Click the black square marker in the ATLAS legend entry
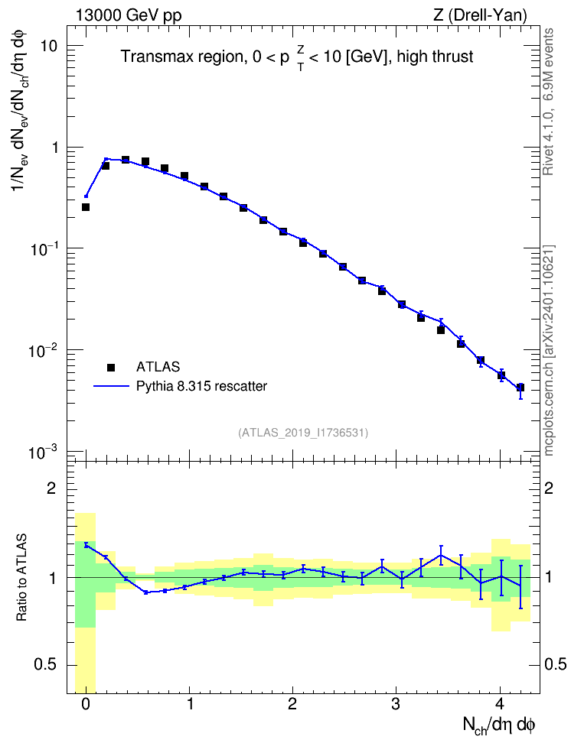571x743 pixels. coord(111,367)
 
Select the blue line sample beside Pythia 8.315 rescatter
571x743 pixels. coord(111,387)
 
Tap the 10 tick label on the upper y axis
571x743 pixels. coord(48,47)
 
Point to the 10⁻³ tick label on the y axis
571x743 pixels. coord(43,452)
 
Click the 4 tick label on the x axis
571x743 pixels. coord(501,704)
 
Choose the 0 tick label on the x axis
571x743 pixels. coord(86,704)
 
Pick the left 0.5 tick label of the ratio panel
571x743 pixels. coord(45,665)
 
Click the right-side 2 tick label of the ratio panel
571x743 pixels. coord(549,488)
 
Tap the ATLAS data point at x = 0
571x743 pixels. coord(86,207)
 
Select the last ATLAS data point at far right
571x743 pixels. coord(520,388)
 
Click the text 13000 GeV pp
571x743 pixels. coord(129,15)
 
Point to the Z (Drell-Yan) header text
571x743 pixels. coord(481,15)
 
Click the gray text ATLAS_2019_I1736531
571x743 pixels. coord(303,432)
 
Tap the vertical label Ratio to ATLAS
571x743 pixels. coord(21,577)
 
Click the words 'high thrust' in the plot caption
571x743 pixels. coord(436,57)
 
